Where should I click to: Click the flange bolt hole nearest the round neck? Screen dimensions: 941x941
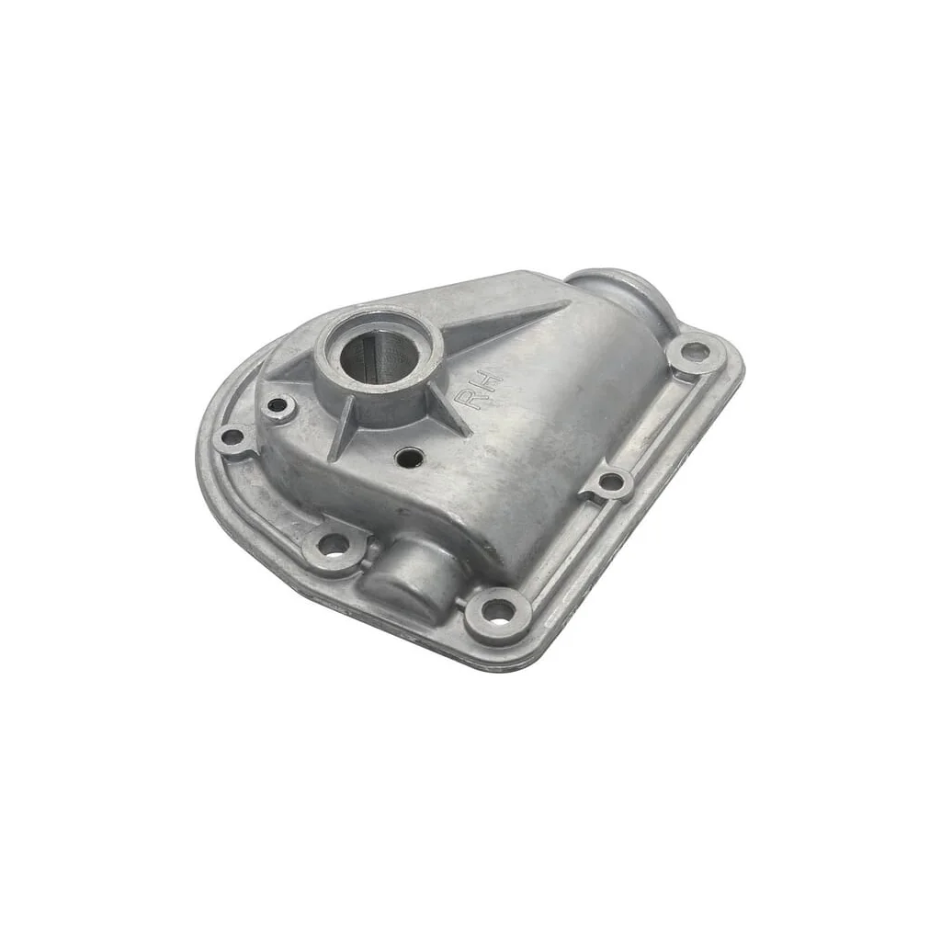tap(696, 349)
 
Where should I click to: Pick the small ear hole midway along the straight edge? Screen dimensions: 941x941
tap(611, 481)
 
